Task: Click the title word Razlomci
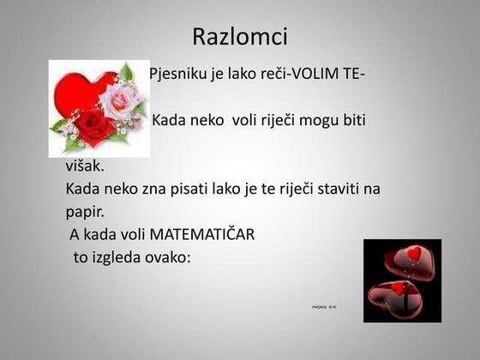[x=240, y=37]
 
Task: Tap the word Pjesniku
[x=178, y=74]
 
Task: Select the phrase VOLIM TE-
[x=329, y=74]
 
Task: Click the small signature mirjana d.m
[x=324, y=305]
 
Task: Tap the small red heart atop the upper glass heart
[x=415, y=253]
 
